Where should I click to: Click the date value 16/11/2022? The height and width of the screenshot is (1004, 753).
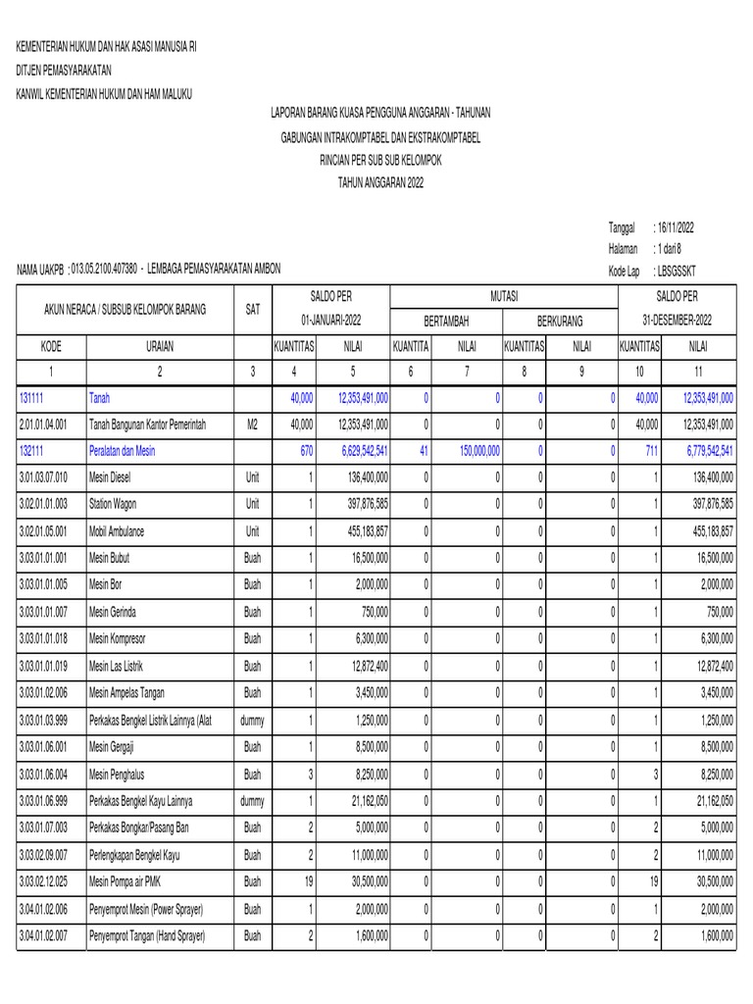coord(677,226)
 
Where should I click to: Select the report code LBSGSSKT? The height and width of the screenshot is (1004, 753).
coord(678,271)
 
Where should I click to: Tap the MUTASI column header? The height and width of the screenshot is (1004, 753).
coord(504,296)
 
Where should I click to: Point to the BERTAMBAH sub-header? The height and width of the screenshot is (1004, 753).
coord(446,321)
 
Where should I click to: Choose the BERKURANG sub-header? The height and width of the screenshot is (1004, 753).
coord(559,321)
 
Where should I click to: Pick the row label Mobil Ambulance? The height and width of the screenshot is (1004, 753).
coord(117,530)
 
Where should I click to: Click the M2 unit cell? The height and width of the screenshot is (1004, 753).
coord(252,425)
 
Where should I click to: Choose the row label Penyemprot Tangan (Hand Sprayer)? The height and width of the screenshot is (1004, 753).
coord(147,936)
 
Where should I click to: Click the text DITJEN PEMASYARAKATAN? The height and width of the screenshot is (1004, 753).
coord(63,71)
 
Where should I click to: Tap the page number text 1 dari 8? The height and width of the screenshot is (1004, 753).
coord(677,249)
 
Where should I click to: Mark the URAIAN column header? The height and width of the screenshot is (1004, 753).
coord(160,346)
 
